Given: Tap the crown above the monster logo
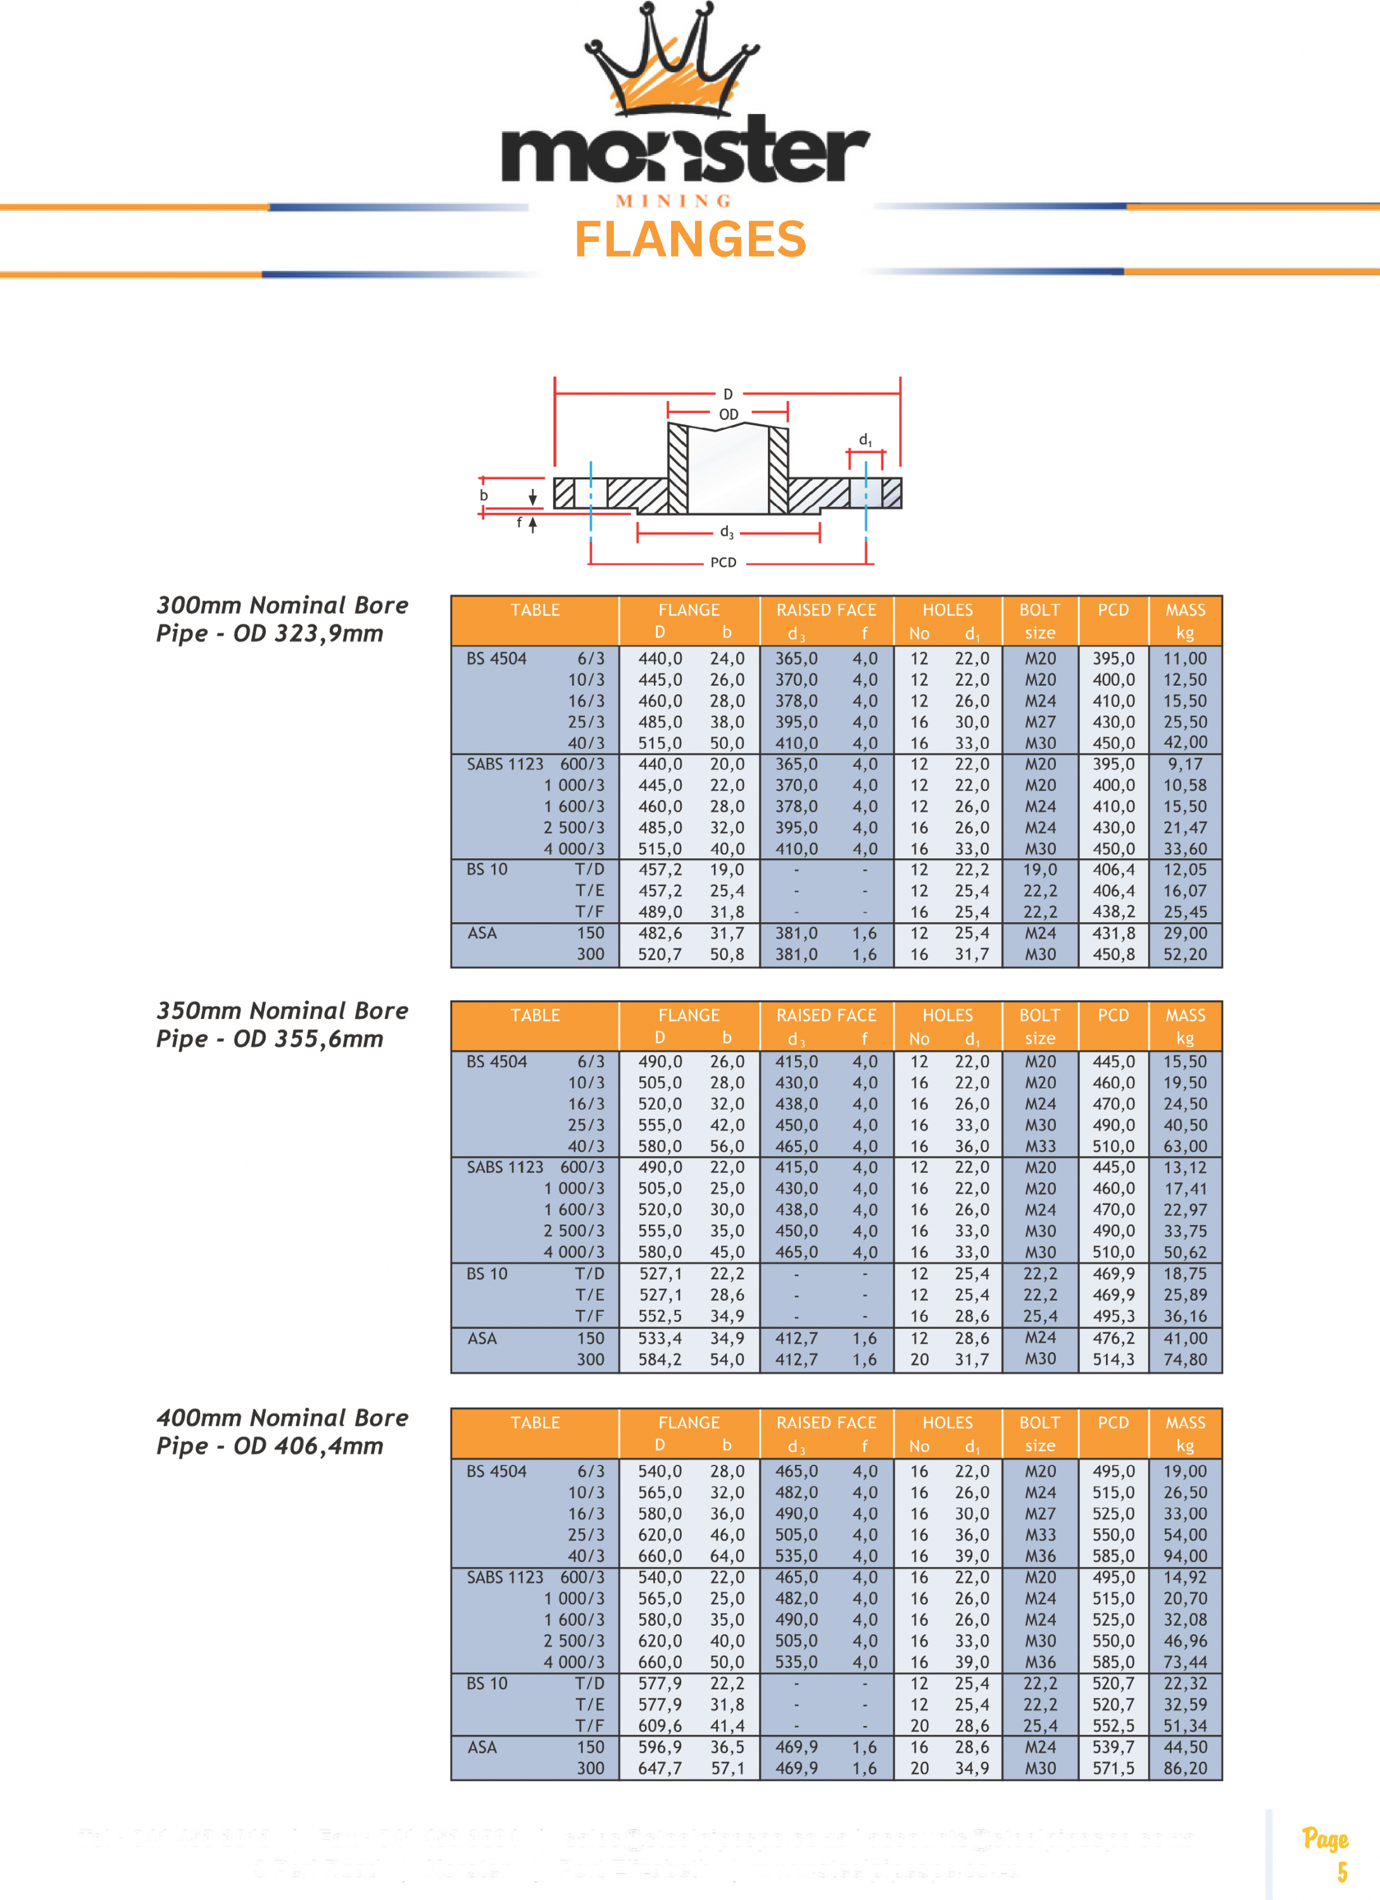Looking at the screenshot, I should click(672, 63).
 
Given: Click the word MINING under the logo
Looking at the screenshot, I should click(674, 201).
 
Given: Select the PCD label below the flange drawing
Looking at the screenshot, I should click(724, 563).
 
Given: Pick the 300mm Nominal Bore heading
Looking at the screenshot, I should click(282, 605).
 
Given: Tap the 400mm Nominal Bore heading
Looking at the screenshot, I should click(282, 1417).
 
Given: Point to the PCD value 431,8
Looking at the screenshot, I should click(1113, 934).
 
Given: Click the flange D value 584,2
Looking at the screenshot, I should click(660, 1360).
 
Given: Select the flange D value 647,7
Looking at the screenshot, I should click(660, 1768).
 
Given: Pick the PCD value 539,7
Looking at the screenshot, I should click(1113, 1747).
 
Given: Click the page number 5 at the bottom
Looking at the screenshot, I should click(1341, 1871).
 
